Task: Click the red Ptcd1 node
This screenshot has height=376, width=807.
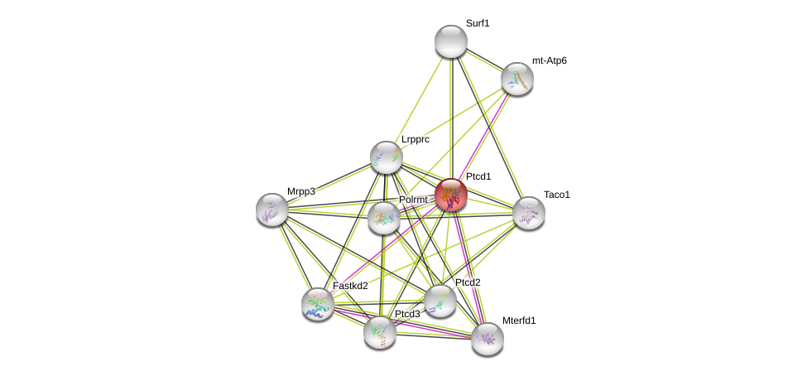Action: point(451,195)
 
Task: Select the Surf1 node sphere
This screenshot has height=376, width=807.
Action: point(451,41)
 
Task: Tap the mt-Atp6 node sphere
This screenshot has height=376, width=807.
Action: point(517,79)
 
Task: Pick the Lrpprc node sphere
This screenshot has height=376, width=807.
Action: point(386,157)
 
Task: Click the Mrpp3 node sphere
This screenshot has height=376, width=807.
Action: point(272,210)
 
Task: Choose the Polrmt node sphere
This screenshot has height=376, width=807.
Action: point(384,218)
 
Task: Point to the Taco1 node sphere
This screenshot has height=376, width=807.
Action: point(529,213)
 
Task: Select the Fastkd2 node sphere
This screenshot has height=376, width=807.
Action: point(318,304)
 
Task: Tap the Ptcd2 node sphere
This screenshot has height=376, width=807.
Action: point(440,301)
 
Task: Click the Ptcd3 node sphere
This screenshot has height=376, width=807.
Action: point(380,332)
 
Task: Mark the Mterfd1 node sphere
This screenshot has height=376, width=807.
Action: point(488,338)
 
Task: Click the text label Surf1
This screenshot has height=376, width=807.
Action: point(478,23)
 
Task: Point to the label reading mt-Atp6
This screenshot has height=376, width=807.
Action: point(550,60)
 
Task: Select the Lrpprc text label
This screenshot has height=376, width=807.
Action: point(416,139)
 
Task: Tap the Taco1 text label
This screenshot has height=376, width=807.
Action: point(557,195)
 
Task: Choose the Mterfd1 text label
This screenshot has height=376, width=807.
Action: point(519,321)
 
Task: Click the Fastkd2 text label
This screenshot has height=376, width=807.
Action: point(350,286)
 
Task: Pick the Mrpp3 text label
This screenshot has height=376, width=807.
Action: point(301,191)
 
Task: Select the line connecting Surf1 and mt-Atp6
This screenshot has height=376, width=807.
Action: point(484,60)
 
